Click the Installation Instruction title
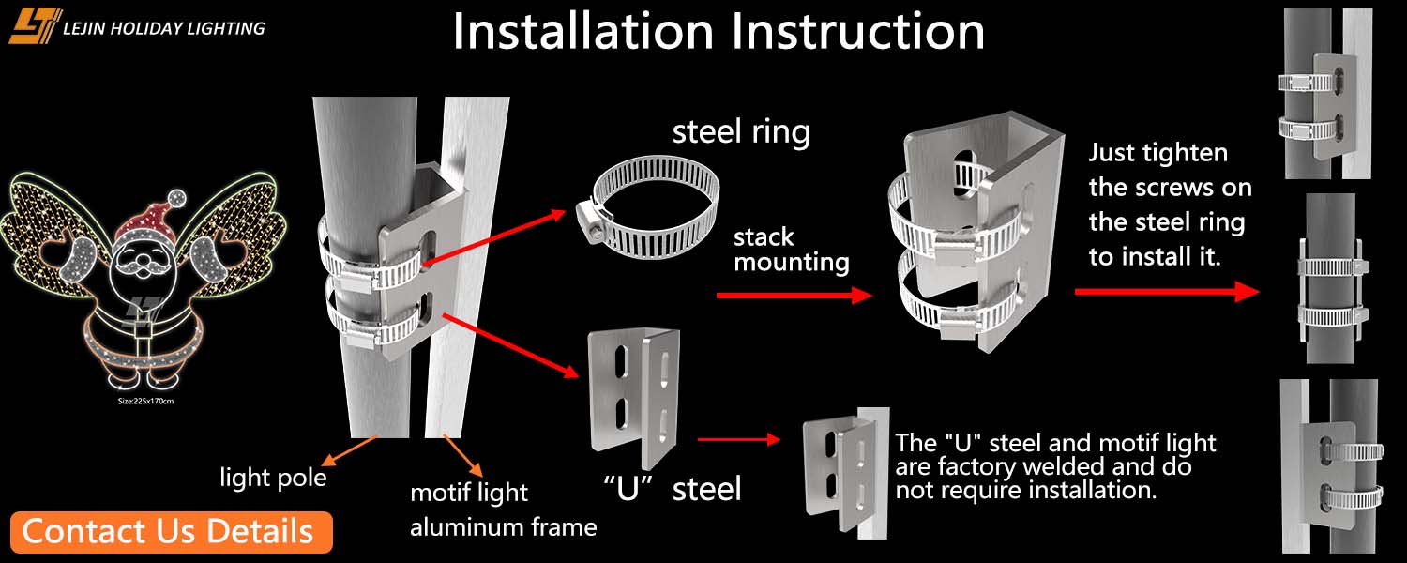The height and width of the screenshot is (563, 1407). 719,31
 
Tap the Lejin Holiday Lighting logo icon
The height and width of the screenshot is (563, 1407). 35,26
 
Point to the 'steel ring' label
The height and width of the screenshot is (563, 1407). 741,131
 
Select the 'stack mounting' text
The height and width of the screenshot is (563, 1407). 791,249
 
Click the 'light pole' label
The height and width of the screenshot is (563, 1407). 273,478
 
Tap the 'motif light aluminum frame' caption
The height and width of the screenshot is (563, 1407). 503,510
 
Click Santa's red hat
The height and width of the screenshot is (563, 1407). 150,222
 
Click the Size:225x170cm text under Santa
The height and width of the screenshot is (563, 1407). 146,401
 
